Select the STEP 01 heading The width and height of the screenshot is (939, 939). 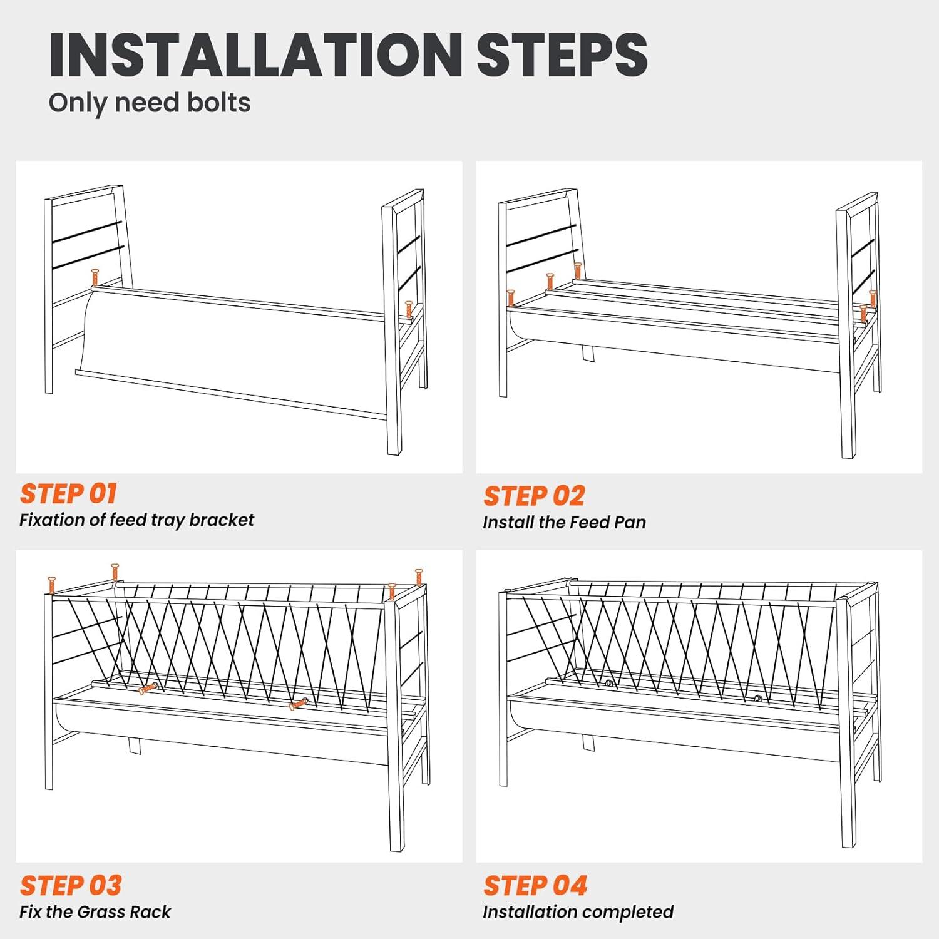coord(69,493)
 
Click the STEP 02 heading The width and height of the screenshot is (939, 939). coord(534,496)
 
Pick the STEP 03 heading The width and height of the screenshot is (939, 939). coord(71,886)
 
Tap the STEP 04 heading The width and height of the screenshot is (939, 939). coord(535,886)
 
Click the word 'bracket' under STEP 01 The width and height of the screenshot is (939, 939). coord(222,520)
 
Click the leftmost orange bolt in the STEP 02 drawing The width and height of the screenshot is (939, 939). coord(510,298)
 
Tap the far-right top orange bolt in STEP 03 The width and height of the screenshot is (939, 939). coord(419,577)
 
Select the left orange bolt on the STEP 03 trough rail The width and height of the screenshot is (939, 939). coord(148,689)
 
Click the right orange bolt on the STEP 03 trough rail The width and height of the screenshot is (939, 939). coord(299,704)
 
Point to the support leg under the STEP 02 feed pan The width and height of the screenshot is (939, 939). coord(588,354)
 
